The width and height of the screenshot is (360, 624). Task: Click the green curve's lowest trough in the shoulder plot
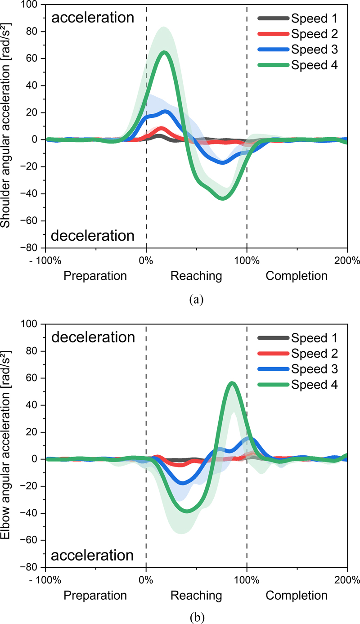[222, 198]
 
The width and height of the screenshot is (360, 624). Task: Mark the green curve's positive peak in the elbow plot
[232, 383]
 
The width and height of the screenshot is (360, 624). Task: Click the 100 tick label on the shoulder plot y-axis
[32, 5]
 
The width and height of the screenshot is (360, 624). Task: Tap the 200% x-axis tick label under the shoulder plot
[347, 260]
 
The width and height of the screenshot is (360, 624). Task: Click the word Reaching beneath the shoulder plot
[196, 276]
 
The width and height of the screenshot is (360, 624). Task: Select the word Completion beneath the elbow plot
[297, 595]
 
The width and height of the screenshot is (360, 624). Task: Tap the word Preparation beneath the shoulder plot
[95, 276]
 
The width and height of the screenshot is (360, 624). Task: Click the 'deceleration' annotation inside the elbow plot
[93, 337]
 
